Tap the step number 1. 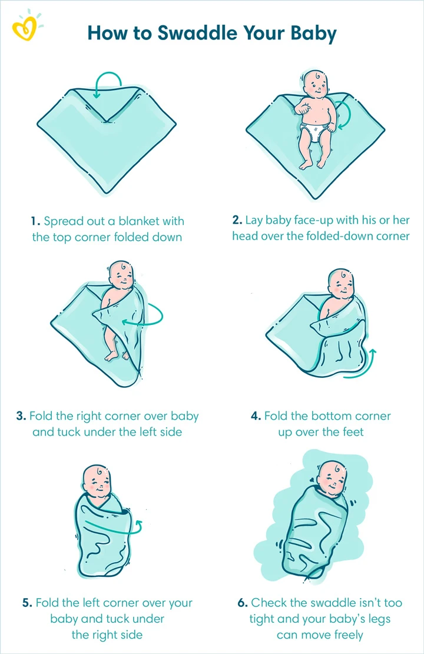pos(35,221)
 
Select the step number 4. pos(256,416)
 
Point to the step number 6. pos(243,603)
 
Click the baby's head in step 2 pos(314,84)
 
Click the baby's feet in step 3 pos(117,355)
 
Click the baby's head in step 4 pos(341,284)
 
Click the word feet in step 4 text pos(353,432)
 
